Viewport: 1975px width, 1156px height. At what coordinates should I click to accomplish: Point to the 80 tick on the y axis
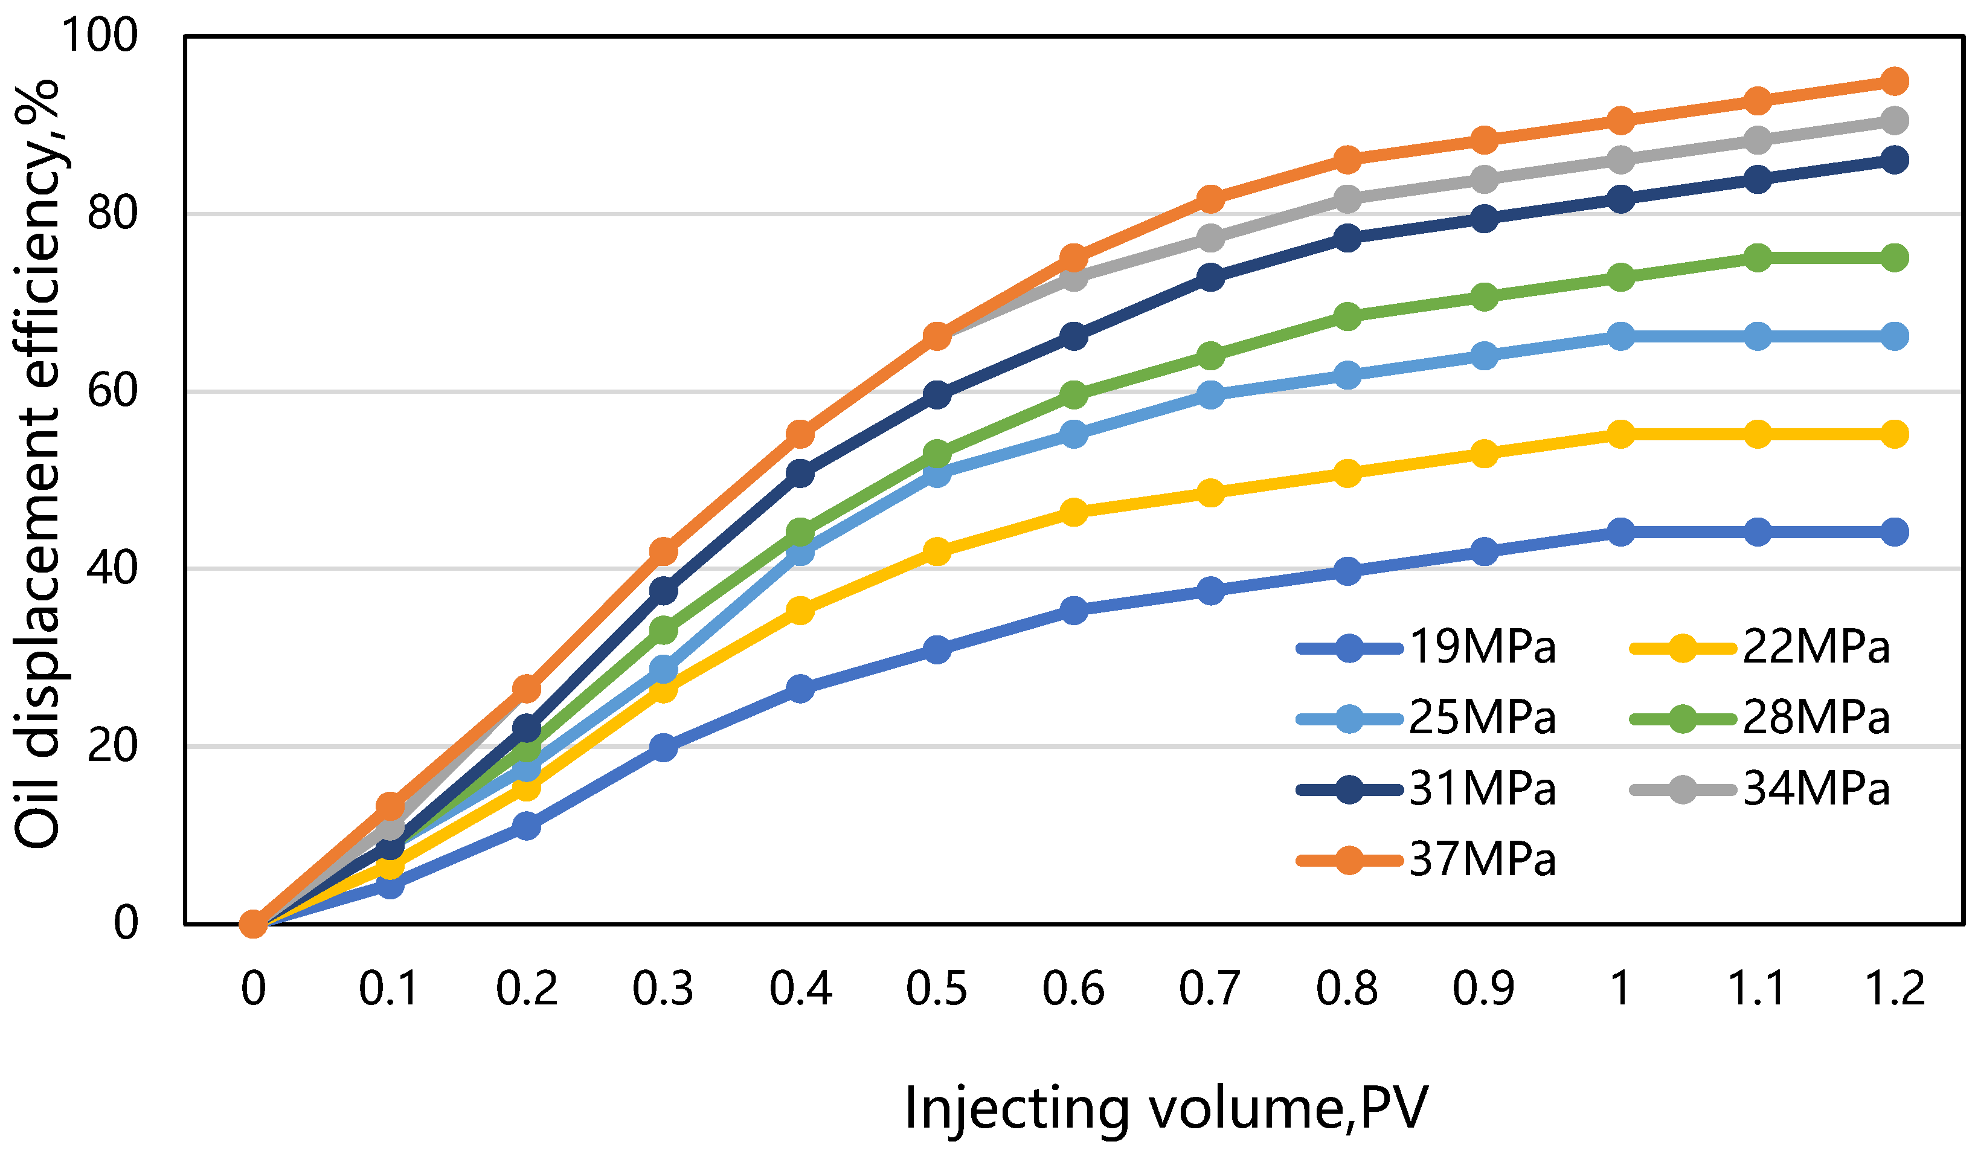112,213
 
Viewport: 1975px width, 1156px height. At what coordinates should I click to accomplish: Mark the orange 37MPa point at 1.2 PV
1894,81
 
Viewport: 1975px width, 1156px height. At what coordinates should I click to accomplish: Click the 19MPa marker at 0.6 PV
1074,610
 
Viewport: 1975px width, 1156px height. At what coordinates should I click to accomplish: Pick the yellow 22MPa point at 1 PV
1620,434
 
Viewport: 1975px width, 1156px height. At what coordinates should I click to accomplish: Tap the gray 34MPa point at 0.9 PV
1483,180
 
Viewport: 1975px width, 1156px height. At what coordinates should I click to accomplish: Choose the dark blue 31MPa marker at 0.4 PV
800,474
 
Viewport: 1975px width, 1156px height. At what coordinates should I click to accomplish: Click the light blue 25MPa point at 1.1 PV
1757,336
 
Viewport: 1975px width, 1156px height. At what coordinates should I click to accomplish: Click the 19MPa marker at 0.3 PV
663,747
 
